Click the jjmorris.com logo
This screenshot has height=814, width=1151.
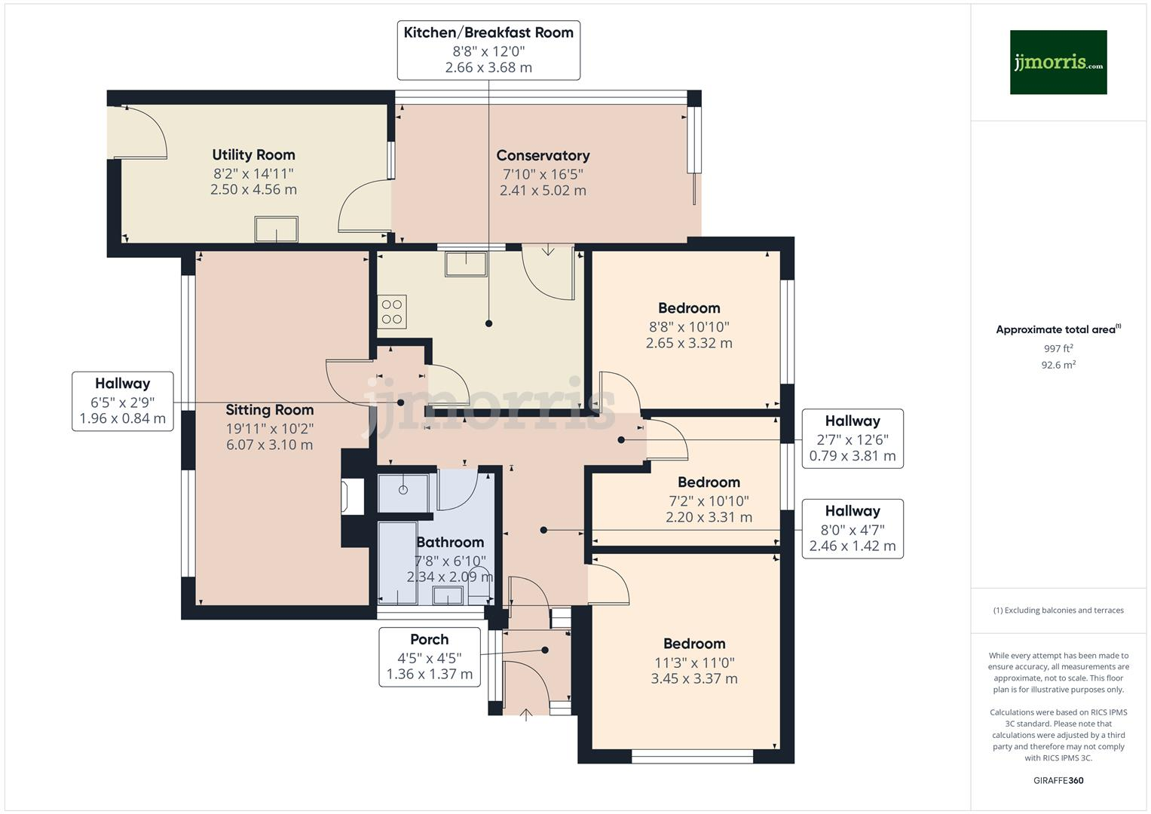click(x=1058, y=62)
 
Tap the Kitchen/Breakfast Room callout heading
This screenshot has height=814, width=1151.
click(x=488, y=32)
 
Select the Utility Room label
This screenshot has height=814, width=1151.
click(x=253, y=155)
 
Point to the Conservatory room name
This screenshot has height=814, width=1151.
click(x=543, y=155)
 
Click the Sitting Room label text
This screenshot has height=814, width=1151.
click(x=269, y=409)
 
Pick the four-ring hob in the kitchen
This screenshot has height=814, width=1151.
click(x=392, y=311)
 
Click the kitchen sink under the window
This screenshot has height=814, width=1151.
click(x=466, y=264)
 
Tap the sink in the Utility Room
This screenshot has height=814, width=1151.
click(x=277, y=229)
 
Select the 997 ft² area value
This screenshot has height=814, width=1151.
click(x=1058, y=348)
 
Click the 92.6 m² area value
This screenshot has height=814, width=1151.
click(x=1058, y=365)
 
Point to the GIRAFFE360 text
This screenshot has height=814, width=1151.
click(x=1058, y=780)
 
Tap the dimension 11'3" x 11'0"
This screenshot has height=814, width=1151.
click(x=694, y=663)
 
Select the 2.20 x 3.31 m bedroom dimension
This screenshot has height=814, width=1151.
click(x=709, y=517)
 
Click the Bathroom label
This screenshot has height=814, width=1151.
click(x=450, y=542)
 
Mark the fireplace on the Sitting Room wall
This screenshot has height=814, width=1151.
click(x=353, y=497)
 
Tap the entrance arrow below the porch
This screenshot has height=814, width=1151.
click(x=525, y=715)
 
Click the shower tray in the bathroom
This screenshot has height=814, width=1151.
click(x=403, y=494)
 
